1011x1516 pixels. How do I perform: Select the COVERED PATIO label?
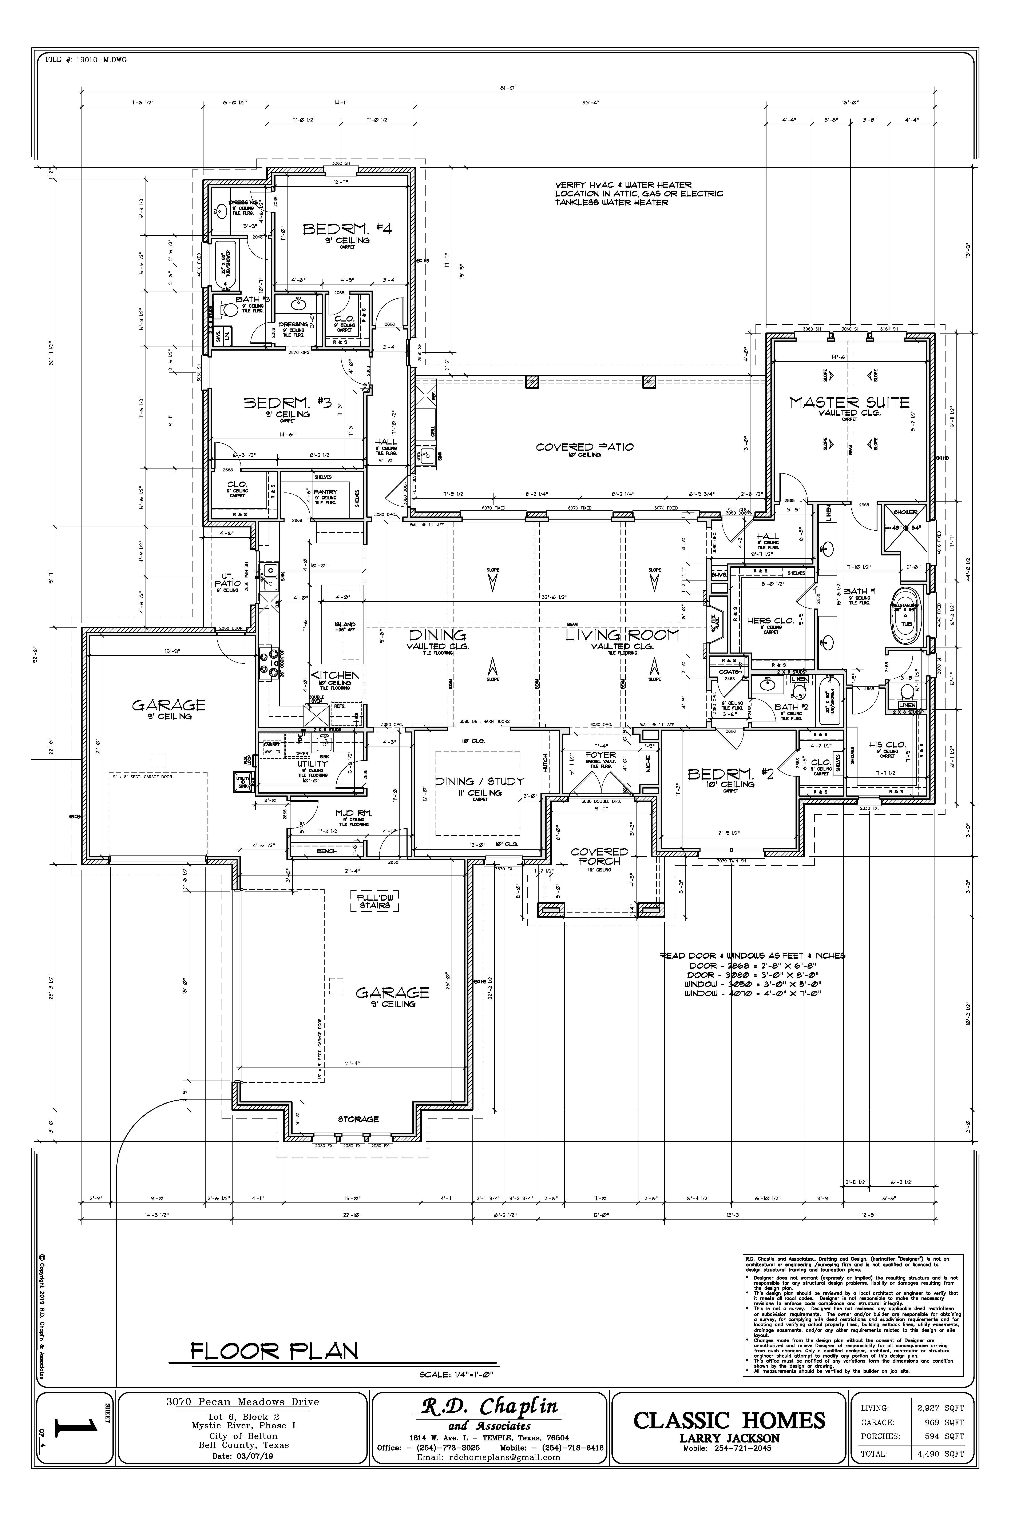coord(584,447)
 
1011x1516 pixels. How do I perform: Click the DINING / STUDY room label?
coord(479,781)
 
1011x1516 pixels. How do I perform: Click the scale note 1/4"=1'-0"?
coord(456,1374)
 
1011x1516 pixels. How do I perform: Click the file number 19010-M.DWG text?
coord(86,60)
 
